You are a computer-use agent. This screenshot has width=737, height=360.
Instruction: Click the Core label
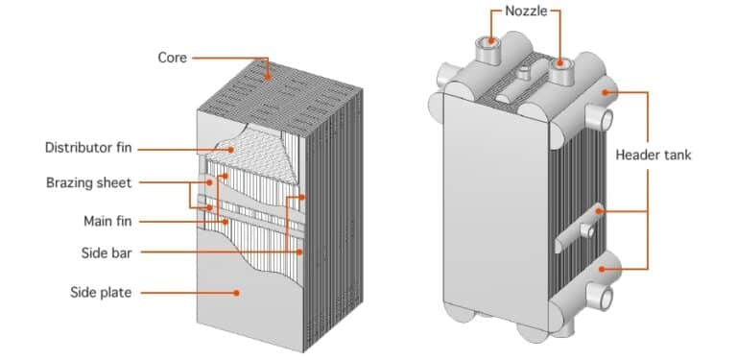(173, 58)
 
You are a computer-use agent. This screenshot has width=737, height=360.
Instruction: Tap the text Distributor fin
(88, 148)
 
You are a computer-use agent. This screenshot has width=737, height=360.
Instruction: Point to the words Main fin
(107, 221)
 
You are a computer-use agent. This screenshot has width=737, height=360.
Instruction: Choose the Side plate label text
(102, 292)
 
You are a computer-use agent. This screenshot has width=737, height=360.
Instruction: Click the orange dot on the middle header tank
(597, 210)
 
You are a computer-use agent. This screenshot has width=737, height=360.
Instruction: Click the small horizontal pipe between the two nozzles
(527, 73)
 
